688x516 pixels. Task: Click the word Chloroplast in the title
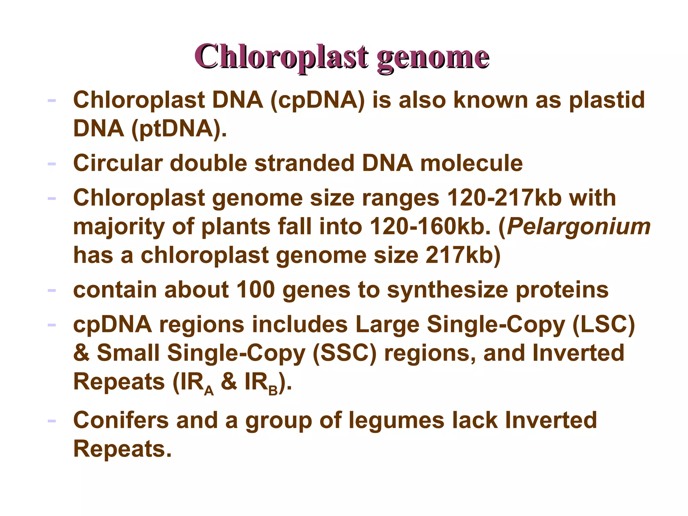coord(282,56)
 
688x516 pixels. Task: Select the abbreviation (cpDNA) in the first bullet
coord(317,100)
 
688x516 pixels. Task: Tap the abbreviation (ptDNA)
coord(176,129)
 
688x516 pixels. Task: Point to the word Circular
coord(118,163)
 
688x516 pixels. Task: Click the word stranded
coord(304,163)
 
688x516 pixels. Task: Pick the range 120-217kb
coord(505,198)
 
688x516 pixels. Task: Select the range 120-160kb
coord(430,226)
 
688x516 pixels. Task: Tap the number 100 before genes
coord(256,290)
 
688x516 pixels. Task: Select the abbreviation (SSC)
coord(345,353)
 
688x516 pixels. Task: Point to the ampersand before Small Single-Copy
coord(81,353)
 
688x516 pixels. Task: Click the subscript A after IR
coord(209,390)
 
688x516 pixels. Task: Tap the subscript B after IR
coord(273,390)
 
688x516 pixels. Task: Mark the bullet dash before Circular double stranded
coord(51,164)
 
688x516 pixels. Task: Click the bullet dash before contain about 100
coord(51,290)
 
